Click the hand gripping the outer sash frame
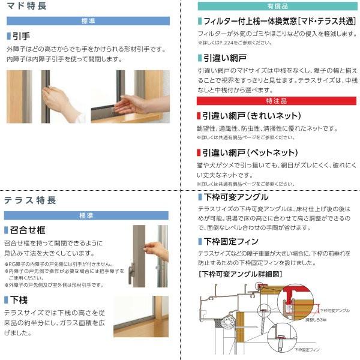[58, 96]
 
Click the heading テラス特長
[30, 200]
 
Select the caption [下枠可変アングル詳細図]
[240, 273]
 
